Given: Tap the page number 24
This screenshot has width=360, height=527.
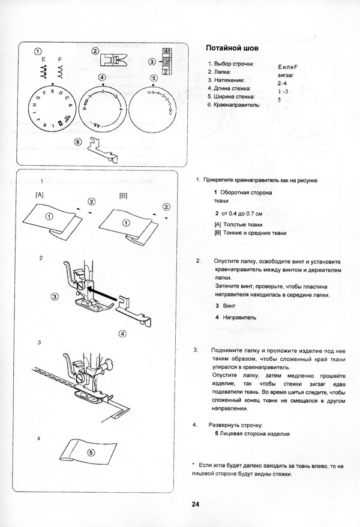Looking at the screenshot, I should [x=196, y=504].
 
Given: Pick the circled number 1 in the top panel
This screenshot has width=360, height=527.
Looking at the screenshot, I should [x=37, y=52].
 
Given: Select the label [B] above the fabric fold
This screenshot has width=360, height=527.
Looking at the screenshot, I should [x=124, y=195].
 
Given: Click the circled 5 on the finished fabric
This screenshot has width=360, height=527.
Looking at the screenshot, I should [x=91, y=453].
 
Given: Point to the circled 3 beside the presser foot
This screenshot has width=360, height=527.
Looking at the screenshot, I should [x=55, y=296].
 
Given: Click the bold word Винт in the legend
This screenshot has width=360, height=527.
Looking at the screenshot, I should [x=229, y=306].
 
